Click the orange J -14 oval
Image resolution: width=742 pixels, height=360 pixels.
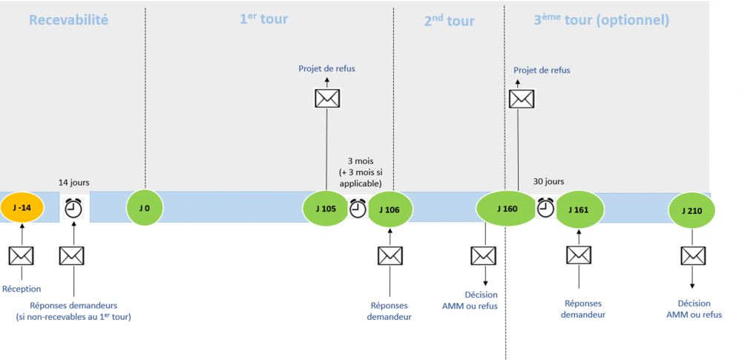point(22,208)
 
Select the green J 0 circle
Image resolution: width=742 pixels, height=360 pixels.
point(145,208)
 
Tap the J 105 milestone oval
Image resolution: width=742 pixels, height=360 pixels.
point(326,209)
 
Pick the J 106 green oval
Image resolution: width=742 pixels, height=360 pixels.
point(390,209)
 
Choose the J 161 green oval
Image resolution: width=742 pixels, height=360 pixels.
point(578,209)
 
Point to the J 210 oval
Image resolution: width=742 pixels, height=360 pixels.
point(692,210)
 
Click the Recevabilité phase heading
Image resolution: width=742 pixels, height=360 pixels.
point(68,20)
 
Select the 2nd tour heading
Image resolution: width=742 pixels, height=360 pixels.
point(448,21)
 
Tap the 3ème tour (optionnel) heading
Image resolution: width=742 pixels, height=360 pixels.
point(601,20)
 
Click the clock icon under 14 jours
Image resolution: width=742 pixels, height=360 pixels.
point(73,209)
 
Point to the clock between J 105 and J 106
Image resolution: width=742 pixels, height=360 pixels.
point(358,209)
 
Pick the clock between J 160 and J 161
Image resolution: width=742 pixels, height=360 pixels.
point(546,207)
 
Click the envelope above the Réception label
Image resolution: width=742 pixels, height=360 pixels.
point(21,256)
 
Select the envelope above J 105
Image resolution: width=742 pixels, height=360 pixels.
point(326,98)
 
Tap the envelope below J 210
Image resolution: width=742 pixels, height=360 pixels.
point(692,256)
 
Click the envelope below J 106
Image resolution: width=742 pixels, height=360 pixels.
point(390,256)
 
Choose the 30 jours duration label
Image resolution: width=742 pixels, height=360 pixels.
point(548,181)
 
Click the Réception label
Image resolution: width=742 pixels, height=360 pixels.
point(22,289)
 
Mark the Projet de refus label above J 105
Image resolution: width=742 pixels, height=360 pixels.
point(326,68)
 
